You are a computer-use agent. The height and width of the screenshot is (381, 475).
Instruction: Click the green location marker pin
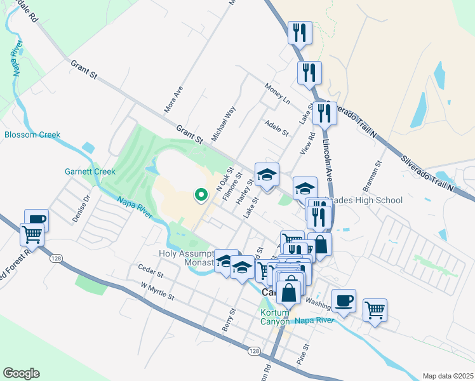tap(201, 194)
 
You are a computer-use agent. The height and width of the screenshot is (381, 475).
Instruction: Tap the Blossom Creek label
tap(32, 135)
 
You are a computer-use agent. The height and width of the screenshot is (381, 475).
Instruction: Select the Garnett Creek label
tap(90, 171)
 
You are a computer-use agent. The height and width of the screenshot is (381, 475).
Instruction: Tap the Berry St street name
tap(229, 321)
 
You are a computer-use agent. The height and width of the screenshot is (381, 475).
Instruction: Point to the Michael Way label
tap(224, 124)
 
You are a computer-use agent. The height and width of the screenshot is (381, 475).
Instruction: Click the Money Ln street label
tap(278, 97)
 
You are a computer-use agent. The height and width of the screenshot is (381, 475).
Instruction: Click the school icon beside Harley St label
tap(267, 175)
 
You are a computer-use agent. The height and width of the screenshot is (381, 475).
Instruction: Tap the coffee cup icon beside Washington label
tap(344, 300)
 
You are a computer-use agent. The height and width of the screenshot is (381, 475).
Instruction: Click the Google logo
tap(21, 373)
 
